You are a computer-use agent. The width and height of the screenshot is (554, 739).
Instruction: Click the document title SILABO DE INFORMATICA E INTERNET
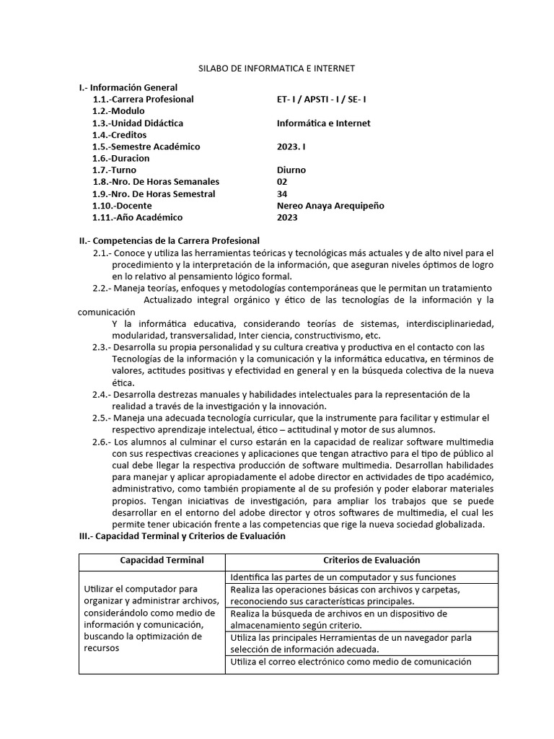point(277,69)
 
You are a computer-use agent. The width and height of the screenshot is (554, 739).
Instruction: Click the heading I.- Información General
point(128,87)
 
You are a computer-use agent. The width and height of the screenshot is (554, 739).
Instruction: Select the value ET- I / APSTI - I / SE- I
point(326,99)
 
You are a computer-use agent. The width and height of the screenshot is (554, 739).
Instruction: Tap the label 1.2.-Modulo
point(118,111)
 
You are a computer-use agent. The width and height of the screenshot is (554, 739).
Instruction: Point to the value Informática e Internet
point(323,123)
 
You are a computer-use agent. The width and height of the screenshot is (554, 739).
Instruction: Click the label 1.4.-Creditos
point(119,135)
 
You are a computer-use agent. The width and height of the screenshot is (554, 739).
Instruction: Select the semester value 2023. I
point(292,147)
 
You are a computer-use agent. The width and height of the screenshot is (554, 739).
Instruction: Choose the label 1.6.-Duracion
point(121,158)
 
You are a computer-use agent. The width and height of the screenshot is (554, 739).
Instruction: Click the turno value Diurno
point(291,170)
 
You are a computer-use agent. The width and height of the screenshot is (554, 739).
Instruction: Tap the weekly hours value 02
point(282,182)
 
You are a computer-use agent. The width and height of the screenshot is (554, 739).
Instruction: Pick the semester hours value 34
point(282,193)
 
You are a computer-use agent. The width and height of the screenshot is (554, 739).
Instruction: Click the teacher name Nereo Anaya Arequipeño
point(330,206)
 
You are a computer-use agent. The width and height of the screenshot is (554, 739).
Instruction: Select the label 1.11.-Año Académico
point(138,217)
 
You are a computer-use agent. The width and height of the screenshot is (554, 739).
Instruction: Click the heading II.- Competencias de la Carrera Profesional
point(169,240)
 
